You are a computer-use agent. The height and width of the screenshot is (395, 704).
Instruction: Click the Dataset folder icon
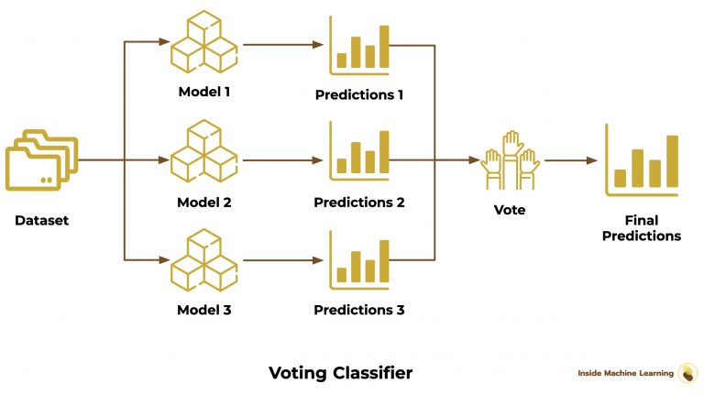tap(41, 161)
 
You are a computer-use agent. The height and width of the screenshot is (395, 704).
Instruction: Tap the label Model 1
tap(203, 93)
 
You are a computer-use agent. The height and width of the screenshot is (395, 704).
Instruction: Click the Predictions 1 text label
tap(359, 94)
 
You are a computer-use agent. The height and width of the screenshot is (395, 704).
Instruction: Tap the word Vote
tap(510, 210)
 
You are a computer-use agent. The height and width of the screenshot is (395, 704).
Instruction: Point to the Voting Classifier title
tap(340, 373)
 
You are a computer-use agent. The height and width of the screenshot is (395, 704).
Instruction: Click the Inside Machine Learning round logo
tap(687, 373)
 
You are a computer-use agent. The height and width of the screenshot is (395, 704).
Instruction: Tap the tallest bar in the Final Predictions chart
tap(672, 160)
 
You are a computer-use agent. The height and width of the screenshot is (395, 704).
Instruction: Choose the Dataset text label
tap(42, 221)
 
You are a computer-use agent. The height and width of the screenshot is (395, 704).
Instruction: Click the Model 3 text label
tap(203, 310)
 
